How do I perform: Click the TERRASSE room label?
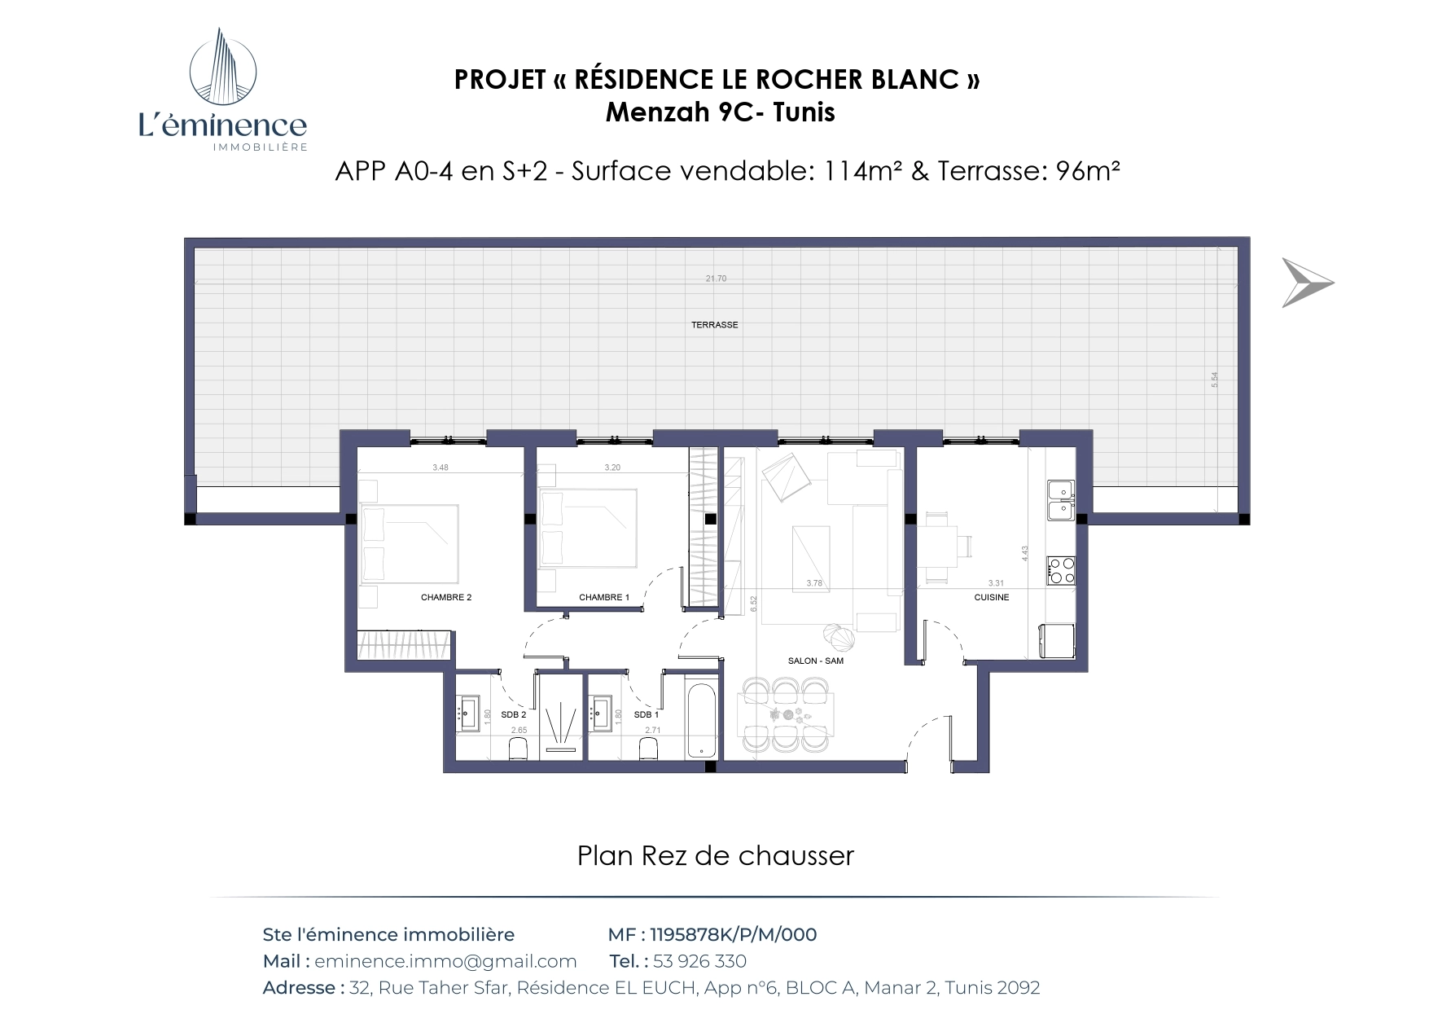point(714,325)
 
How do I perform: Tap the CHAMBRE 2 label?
point(446,597)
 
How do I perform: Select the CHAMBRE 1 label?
point(604,597)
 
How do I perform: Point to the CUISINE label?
point(992,597)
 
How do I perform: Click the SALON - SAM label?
point(816,661)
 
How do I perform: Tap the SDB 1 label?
point(647,714)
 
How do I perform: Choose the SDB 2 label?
point(514,714)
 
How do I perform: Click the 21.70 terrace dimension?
point(716,279)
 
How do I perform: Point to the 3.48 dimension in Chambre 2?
point(441,468)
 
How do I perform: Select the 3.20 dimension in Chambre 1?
point(612,468)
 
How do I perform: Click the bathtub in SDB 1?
point(700,717)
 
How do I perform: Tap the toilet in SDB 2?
point(518,749)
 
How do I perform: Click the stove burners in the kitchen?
point(1061,570)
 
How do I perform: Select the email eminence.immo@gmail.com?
point(445,961)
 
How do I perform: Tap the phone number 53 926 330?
point(699,961)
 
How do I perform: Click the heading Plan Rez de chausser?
point(715,856)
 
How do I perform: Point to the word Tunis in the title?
point(804,112)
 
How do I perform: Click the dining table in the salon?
point(786,715)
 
